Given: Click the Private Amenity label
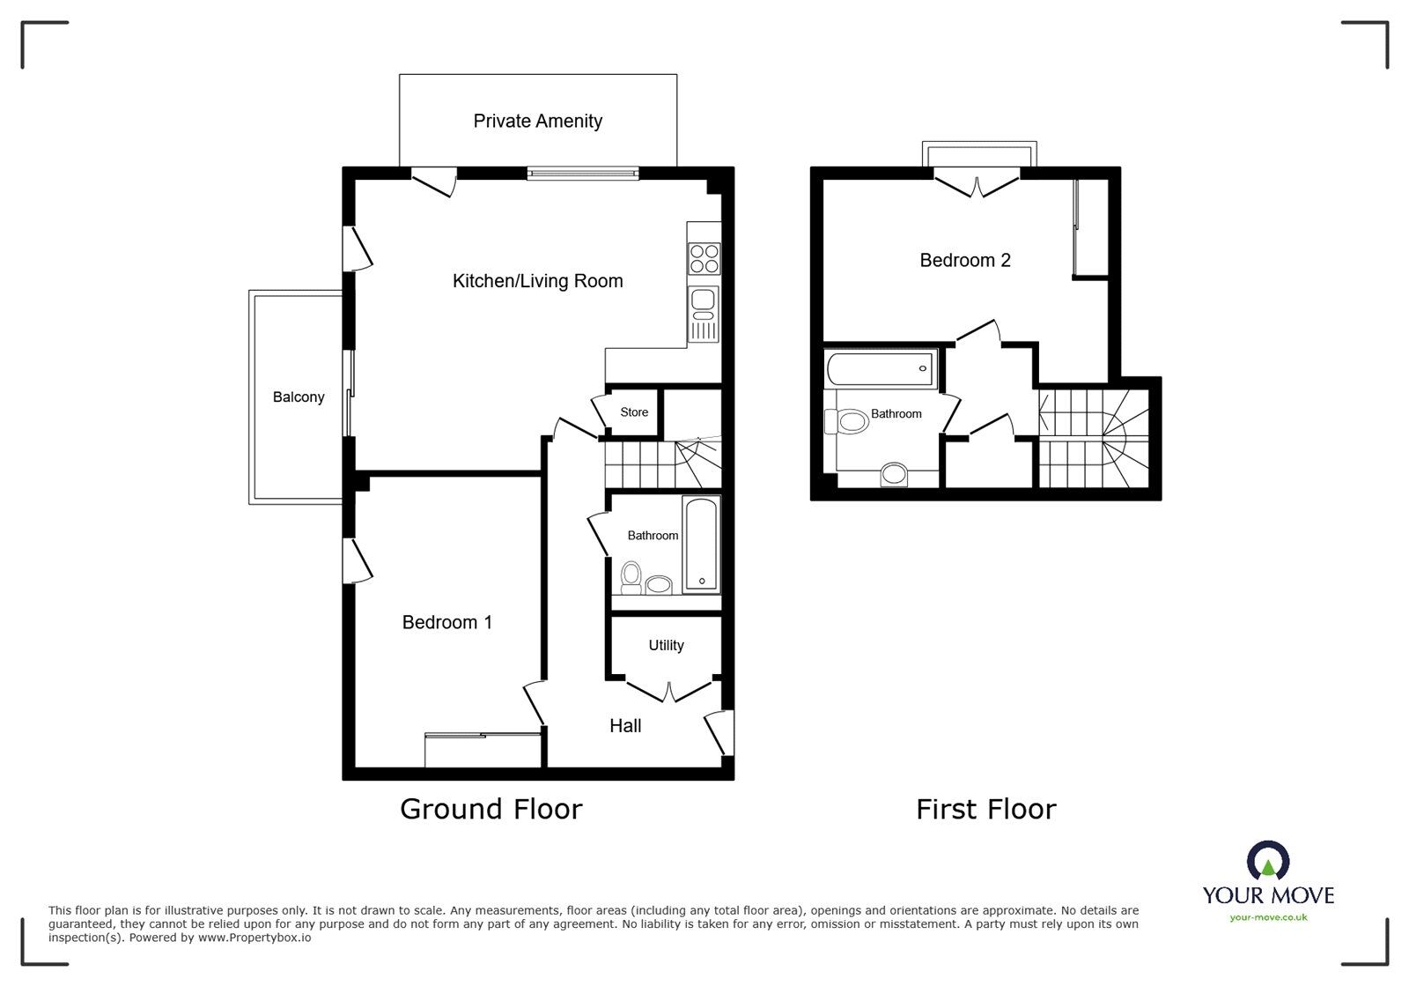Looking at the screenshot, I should [x=537, y=122].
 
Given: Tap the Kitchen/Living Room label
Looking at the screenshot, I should [x=537, y=281].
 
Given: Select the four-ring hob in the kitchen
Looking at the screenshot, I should [x=704, y=258].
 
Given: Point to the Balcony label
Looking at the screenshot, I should [x=299, y=397].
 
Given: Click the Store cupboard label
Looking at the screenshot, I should [x=634, y=412].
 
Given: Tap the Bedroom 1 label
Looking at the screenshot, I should [x=446, y=623].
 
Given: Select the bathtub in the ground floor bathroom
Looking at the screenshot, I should [x=701, y=545].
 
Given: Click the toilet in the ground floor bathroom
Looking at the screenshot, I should [x=631, y=576].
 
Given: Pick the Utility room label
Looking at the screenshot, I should [x=666, y=646].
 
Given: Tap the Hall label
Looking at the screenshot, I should [x=625, y=726].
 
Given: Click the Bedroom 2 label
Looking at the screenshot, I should [x=964, y=261].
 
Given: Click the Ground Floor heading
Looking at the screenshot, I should [x=491, y=809].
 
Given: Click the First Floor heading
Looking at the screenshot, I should [x=985, y=809].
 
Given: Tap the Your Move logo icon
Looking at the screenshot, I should [x=1268, y=861].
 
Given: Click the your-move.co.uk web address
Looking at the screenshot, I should [x=1268, y=917].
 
